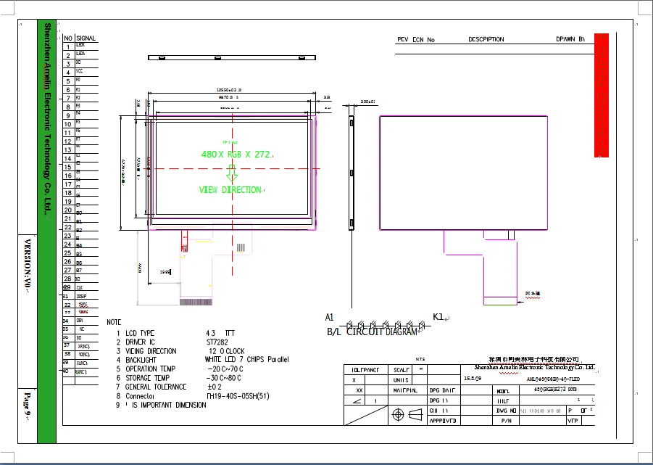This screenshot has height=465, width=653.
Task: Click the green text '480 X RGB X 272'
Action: point(236,154)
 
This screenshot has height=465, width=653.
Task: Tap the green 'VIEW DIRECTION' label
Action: point(230,190)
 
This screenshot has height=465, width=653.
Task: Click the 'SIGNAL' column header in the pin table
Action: point(86,38)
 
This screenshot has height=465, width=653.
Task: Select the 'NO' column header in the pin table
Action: point(67,38)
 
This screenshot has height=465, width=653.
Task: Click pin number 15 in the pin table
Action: point(67,167)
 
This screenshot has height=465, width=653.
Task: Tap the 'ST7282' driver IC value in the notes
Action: point(218,342)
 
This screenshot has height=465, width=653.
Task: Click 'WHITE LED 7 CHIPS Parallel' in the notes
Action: point(247,359)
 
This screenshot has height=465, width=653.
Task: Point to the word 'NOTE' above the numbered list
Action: point(114,321)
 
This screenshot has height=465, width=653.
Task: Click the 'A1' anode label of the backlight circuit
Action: point(329,317)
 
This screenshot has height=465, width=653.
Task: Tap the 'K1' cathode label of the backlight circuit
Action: point(438,317)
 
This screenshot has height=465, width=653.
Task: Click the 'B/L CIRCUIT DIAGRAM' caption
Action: point(372,332)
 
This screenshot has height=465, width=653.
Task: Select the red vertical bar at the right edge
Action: point(601,94)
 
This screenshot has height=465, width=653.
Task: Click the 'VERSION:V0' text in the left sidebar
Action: point(28,263)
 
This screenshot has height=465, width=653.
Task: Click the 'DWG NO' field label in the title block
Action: point(504,411)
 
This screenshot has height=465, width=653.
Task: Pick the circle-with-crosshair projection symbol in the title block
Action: point(397,415)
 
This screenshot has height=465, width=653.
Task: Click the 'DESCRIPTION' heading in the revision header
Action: point(486,40)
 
